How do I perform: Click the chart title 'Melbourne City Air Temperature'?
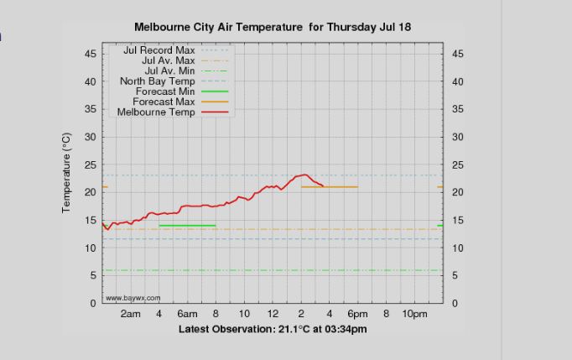218,27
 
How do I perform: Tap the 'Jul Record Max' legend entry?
159,50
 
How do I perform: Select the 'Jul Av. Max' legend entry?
168,60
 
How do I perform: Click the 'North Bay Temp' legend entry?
157,81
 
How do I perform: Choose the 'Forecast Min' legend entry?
165,91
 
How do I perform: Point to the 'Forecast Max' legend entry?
164,102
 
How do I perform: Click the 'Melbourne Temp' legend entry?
156,112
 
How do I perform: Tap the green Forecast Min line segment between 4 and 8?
187,225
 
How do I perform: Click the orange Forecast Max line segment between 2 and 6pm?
330,187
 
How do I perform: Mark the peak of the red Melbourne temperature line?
305,175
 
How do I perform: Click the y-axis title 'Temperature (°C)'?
66,172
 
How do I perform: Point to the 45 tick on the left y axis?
90,54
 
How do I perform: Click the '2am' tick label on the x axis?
130,314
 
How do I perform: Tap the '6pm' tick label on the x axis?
358,314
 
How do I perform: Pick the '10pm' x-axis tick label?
414,314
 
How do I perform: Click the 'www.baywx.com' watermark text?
133,298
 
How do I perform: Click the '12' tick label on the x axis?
273,314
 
